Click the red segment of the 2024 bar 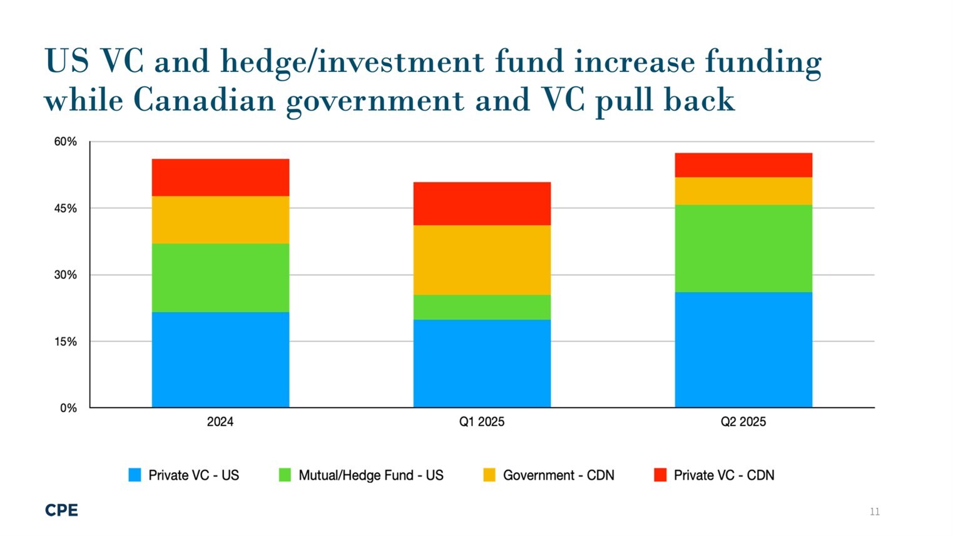220,178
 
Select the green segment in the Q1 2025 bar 482,307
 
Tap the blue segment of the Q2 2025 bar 743,350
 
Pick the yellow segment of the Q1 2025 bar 482,260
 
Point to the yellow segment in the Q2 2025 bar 743,191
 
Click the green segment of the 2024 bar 220,278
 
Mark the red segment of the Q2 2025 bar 743,165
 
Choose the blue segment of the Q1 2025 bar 482,363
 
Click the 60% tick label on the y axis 65,142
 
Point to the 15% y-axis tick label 65,341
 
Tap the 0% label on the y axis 68,408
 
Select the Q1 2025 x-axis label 481,422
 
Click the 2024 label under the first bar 220,422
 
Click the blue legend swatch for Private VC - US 135,475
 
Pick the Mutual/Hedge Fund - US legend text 370,475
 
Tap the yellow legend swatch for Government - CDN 489,475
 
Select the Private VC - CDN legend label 723,475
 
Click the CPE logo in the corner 61,510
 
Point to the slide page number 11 874,512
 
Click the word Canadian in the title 204,100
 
